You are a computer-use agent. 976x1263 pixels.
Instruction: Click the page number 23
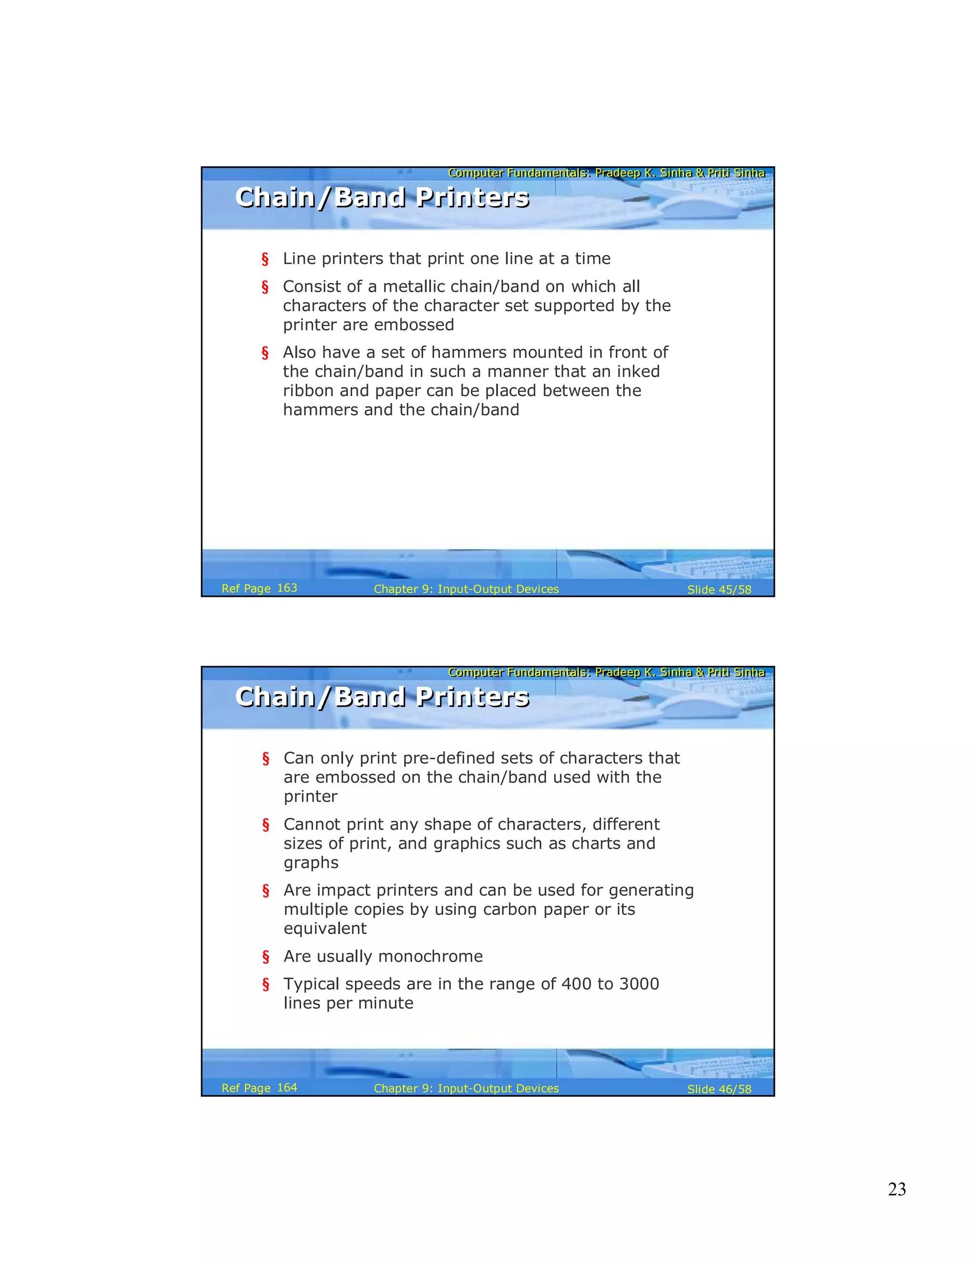896,1189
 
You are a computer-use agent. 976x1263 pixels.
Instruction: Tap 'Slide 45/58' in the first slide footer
719,590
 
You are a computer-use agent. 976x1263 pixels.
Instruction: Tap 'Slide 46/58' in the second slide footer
719,1089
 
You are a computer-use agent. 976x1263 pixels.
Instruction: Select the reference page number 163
287,588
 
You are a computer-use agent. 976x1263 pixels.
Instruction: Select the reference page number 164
287,1087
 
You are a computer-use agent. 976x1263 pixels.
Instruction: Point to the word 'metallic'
413,287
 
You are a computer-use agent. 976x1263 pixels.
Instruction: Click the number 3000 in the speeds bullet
639,984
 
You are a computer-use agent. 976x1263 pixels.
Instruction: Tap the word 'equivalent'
325,929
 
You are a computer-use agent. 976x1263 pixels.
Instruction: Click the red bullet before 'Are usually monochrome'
265,957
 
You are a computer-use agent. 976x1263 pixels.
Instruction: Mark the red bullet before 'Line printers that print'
265,259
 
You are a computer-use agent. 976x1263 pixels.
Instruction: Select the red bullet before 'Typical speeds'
265,984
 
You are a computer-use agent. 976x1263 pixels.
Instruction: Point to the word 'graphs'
311,863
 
